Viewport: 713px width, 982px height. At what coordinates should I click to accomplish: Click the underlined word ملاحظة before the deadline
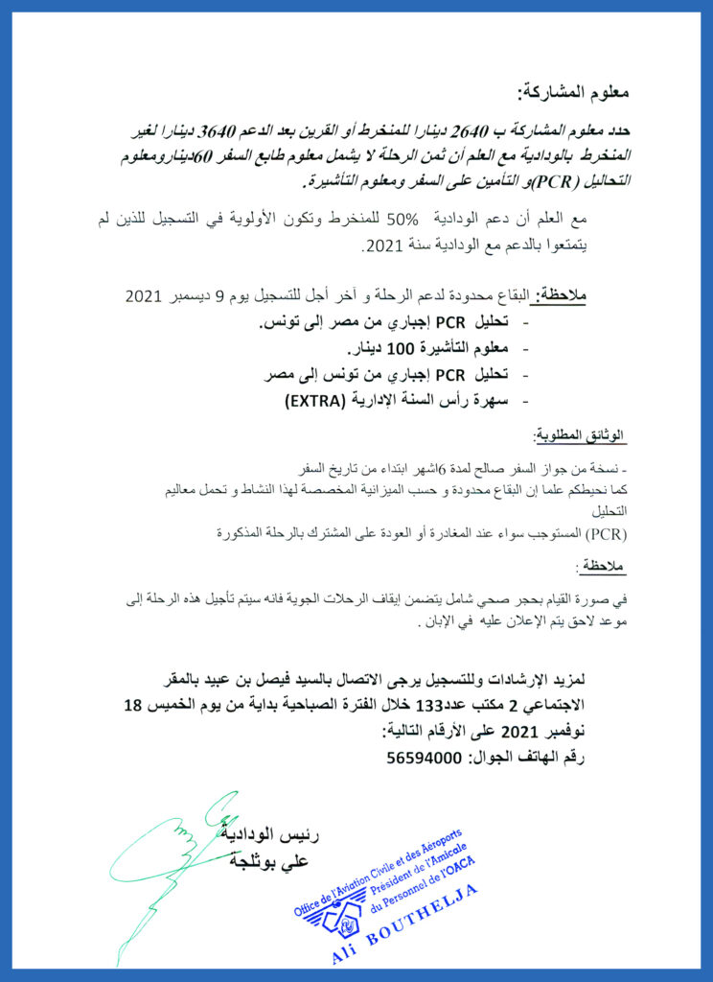(x=560, y=296)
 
